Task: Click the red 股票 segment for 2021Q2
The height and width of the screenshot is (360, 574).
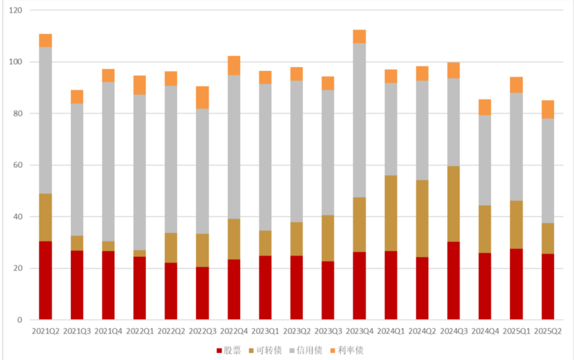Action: (45, 280)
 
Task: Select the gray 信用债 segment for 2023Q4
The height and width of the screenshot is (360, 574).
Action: (359, 120)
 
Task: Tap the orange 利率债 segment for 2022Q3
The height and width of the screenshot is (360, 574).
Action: (202, 97)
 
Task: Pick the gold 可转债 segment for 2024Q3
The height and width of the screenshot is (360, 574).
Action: (453, 204)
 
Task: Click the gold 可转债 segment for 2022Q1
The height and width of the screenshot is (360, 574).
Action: (139, 253)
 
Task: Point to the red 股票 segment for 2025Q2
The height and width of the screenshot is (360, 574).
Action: (548, 286)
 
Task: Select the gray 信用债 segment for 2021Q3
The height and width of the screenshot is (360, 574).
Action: (77, 169)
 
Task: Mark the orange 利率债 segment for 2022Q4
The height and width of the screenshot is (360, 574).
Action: (234, 65)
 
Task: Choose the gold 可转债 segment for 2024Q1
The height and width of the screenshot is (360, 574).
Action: (391, 213)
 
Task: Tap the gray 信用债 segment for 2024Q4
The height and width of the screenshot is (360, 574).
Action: (485, 160)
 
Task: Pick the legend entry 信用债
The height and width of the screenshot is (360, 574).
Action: (306, 350)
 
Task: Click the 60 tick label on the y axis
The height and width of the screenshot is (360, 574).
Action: (17, 165)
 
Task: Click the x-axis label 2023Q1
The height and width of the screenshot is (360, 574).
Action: (265, 331)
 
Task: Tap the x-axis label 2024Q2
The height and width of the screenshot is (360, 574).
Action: (422, 331)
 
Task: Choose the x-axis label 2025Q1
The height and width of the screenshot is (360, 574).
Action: (516, 331)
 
